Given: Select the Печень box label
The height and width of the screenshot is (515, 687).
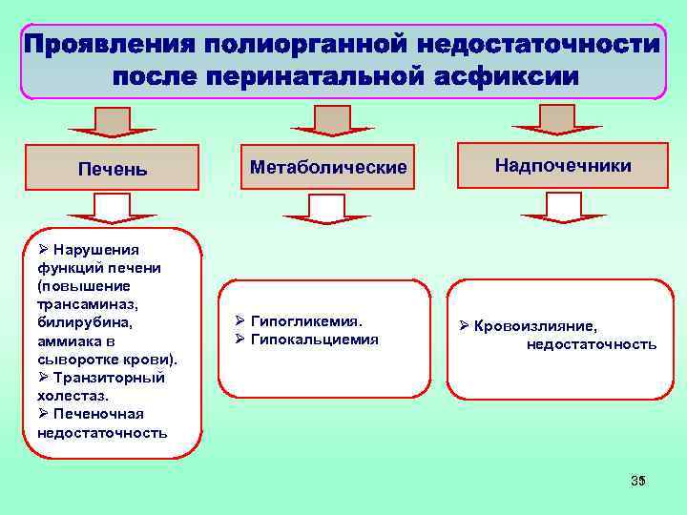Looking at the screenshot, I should point(113,170).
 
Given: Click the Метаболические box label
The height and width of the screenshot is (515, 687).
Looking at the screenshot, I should point(327,167).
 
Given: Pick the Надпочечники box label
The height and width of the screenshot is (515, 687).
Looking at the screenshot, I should point(563,166).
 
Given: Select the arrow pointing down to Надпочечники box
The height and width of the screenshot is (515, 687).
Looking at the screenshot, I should point(556,117).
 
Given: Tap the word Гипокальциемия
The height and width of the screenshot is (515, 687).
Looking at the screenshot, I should point(314,340).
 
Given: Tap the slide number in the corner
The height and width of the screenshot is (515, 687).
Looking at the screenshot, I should point(638,480).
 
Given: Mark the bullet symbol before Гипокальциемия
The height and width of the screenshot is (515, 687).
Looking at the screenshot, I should point(240,340).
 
